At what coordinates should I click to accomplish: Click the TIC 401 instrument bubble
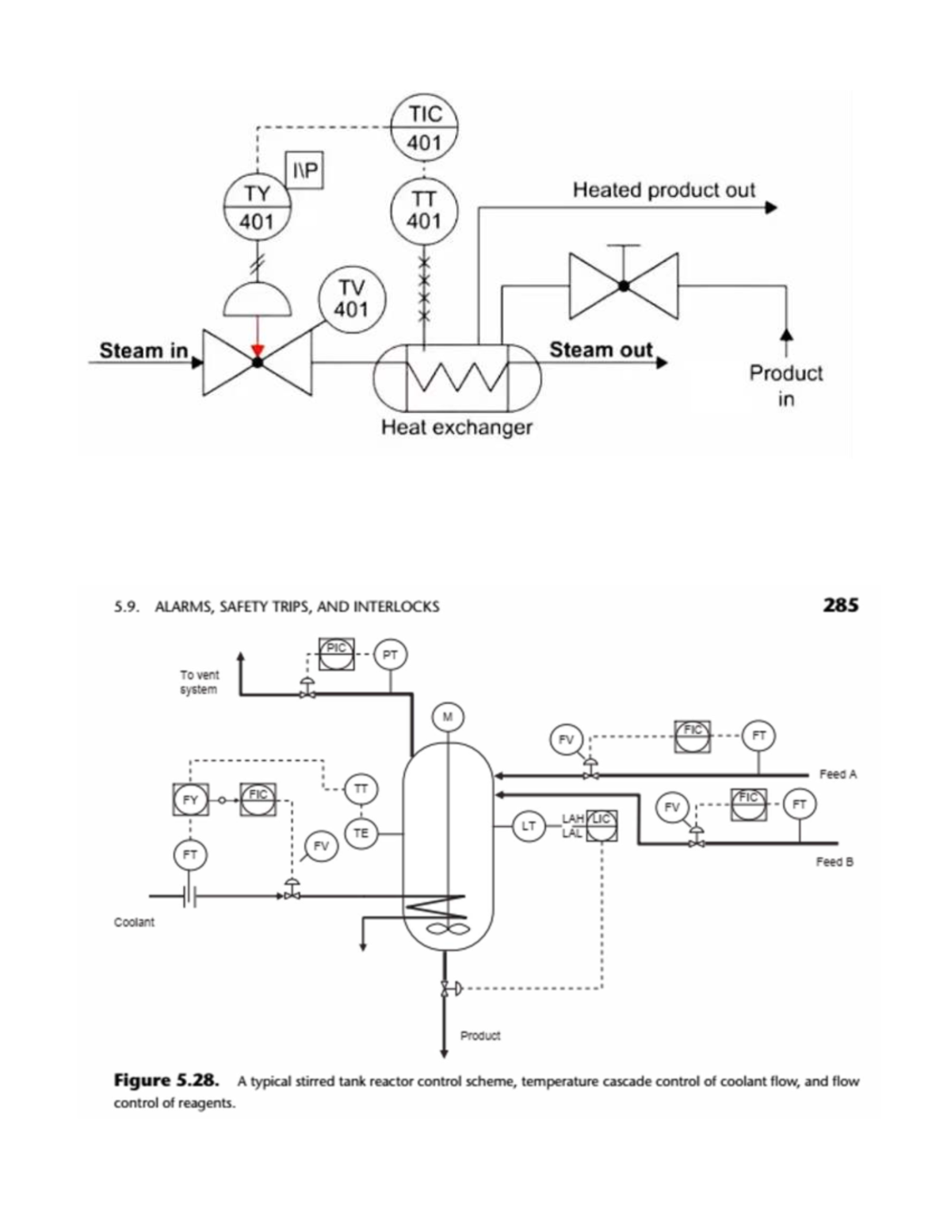pyautogui.click(x=424, y=128)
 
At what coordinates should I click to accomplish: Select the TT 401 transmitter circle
pyautogui.click(x=424, y=208)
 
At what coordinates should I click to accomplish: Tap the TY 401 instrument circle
pyautogui.click(x=257, y=207)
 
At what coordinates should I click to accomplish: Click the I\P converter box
pyautogui.click(x=304, y=170)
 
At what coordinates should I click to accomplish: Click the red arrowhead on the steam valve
pyautogui.click(x=257, y=350)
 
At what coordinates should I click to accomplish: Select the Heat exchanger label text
pyautogui.click(x=456, y=427)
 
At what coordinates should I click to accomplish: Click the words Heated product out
pyautogui.click(x=663, y=190)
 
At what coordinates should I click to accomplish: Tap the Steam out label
pyautogui.click(x=601, y=350)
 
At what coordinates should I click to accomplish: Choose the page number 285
pyautogui.click(x=840, y=606)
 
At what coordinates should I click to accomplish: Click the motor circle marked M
pyautogui.click(x=448, y=717)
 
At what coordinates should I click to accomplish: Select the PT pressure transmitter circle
pyautogui.click(x=389, y=655)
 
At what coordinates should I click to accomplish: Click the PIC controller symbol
pyautogui.click(x=337, y=654)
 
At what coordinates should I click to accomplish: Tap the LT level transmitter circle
pyautogui.click(x=528, y=826)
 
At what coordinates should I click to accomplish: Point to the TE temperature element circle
pyautogui.click(x=361, y=833)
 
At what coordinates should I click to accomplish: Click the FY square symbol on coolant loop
pyautogui.click(x=190, y=800)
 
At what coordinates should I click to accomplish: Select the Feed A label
pyautogui.click(x=838, y=774)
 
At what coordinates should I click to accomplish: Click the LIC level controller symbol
pyautogui.click(x=602, y=826)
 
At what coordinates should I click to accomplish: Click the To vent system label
pyautogui.click(x=199, y=682)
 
